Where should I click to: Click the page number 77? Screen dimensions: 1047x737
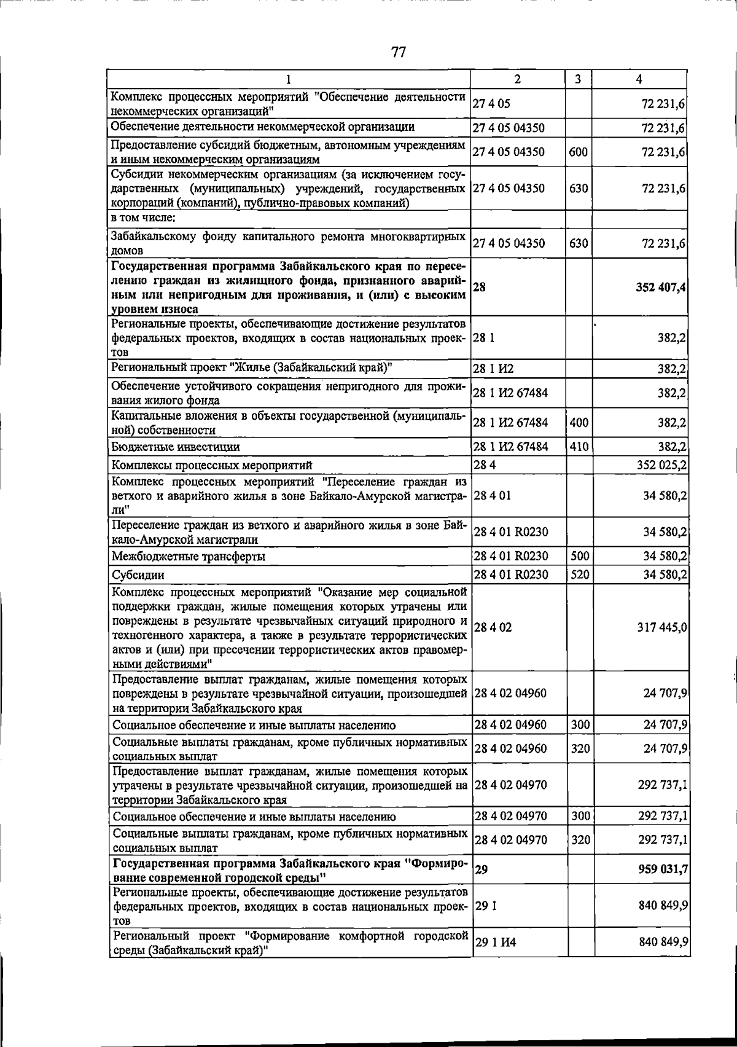399,52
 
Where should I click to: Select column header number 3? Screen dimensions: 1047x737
578,79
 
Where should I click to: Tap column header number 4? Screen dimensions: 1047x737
639,79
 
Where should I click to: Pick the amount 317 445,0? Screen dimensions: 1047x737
662,627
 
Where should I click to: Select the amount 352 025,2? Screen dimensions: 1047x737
662,465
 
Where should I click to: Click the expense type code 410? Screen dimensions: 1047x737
579,447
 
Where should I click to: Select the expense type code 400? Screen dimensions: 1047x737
579,423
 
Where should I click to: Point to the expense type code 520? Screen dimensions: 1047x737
580,574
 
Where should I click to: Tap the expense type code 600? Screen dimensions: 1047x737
579,152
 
